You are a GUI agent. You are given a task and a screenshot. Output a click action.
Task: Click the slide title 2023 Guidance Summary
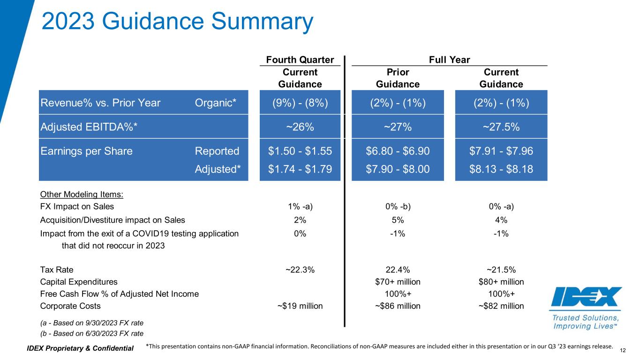click(x=177, y=21)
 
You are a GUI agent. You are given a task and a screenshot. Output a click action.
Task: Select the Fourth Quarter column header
click(x=300, y=60)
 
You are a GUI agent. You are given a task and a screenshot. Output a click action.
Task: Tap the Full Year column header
click(x=449, y=60)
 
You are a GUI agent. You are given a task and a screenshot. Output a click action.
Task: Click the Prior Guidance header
click(x=398, y=78)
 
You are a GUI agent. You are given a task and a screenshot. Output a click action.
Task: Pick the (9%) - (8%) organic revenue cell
click(x=300, y=103)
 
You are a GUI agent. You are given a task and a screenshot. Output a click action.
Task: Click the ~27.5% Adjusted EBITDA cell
click(x=501, y=127)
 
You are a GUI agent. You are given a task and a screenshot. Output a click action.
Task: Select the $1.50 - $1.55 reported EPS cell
click(x=300, y=151)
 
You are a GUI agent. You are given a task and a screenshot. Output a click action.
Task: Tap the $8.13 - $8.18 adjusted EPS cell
click(x=501, y=169)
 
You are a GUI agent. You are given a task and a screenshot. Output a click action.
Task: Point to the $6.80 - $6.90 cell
click(x=398, y=151)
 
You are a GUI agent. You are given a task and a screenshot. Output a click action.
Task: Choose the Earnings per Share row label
click(x=87, y=151)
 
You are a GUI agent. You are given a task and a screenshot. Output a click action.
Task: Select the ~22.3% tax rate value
click(x=300, y=270)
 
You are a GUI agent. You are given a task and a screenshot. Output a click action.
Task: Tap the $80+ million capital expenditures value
click(x=501, y=282)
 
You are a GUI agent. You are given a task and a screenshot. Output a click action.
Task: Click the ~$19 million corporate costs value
click(x=300, y=306)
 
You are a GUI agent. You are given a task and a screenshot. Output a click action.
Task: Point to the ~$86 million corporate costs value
click(x=398, y=306)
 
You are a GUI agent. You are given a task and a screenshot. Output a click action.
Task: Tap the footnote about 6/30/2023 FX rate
click(x=92, y=333)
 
